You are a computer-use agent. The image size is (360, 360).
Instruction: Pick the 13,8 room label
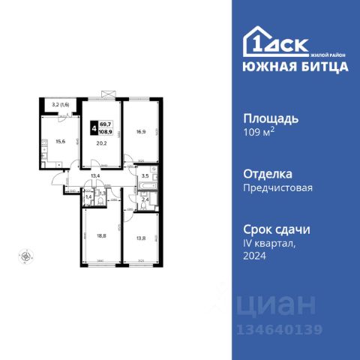(141, 238)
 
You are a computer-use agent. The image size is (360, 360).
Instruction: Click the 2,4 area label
(145, 199)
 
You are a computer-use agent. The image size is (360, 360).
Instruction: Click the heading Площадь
(271, 118)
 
